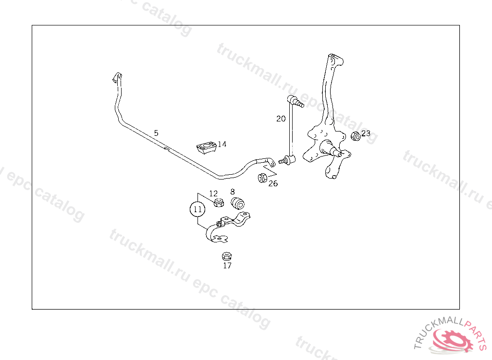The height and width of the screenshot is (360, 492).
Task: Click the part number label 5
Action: click(x=156, y=132)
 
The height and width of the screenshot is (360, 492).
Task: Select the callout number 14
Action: click(x=222, y=144)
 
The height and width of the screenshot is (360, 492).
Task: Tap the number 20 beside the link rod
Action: click(x=281, y=119)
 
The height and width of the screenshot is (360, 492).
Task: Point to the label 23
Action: click(x=366, y=133)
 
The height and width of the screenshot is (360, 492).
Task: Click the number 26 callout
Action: click(x=273, y=183)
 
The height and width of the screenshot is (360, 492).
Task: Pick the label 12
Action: click(x=213, y=193)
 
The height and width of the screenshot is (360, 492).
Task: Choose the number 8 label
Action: click(x=233, y=191)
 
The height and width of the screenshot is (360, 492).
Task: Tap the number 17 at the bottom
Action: click(x=227, y=265)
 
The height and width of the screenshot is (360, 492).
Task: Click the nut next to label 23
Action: click(x=356, y=136)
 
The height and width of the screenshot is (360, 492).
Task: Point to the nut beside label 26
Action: click(x=262, y=178)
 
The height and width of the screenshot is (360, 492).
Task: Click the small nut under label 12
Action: click(x=218, y=202)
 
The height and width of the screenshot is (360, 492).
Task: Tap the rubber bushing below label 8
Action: click(x=238, y=203)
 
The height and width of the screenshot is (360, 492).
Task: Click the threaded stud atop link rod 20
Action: click(x=298, y=103)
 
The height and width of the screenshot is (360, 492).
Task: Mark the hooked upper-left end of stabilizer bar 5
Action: click(x=117, y=78)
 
